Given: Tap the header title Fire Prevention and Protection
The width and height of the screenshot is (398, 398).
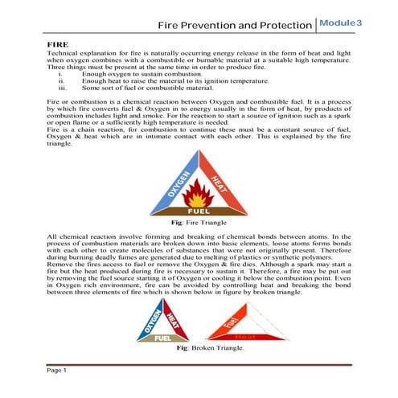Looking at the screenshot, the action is tap(232, 25).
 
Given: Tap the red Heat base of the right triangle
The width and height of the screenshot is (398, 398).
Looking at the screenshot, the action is tap(244, 338).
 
